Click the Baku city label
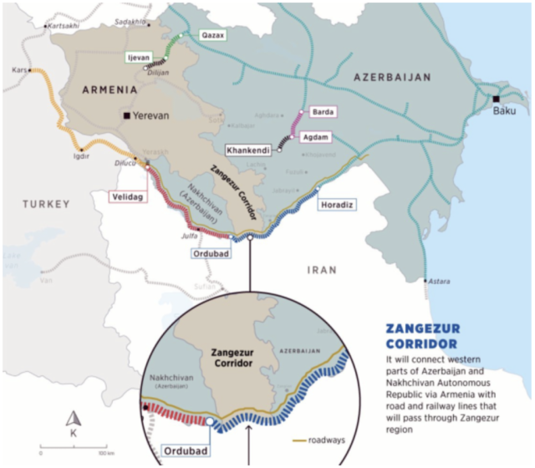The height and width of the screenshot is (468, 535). click(x=505, y=110)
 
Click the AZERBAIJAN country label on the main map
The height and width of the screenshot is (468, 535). click(x=392, y=77)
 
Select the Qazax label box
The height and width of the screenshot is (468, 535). click(x=212, y=36)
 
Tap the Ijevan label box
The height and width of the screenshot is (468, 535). click(x=137, y=57)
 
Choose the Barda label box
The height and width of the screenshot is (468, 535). click(x=323, y=111)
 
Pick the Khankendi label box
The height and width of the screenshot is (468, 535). click(x=248, y=150)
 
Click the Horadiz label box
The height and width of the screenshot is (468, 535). click(x=339, y=203)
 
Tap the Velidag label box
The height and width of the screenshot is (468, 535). click(x=127, y=196)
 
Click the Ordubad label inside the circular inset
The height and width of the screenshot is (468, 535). click(x=178, y=451)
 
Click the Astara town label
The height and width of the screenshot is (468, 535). click(x=439, y=282)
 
